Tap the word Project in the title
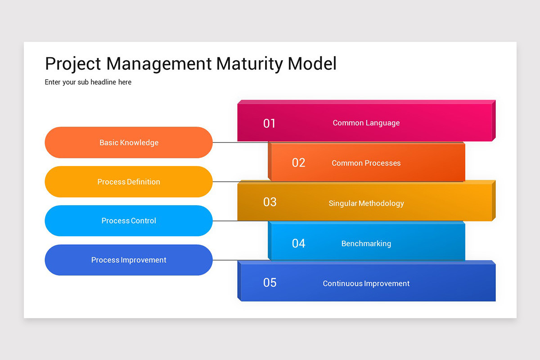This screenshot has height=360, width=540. [x=73, y=64]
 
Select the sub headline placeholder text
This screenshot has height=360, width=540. [x=88, y=82]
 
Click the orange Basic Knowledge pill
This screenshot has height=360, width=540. [x=129, y=143]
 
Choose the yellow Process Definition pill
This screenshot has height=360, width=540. [x=129, y=182]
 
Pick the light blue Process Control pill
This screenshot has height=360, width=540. [x=129, y=220]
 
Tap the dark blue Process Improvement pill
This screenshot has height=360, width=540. [x=129, y=260]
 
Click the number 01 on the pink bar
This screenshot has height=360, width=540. [x=269, y=123]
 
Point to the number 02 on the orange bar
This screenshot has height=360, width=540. [x=298, y=163]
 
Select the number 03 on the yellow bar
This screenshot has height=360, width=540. [x=270, y=202]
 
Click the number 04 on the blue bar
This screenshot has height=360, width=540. [x=298, y=243]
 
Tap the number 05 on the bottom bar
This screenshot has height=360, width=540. [x=270, y=283]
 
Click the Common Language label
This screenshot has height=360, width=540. [x=366, y=123]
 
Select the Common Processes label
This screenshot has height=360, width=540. [x=366, y=163]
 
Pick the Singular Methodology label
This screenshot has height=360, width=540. [x=366, y=203]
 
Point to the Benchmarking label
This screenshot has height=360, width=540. [x=366, y=243]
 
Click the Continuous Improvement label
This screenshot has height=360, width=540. [x=366, y=283]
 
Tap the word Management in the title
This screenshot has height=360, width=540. [x=159, y=64]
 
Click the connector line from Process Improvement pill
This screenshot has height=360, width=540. [x=225, y=260]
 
